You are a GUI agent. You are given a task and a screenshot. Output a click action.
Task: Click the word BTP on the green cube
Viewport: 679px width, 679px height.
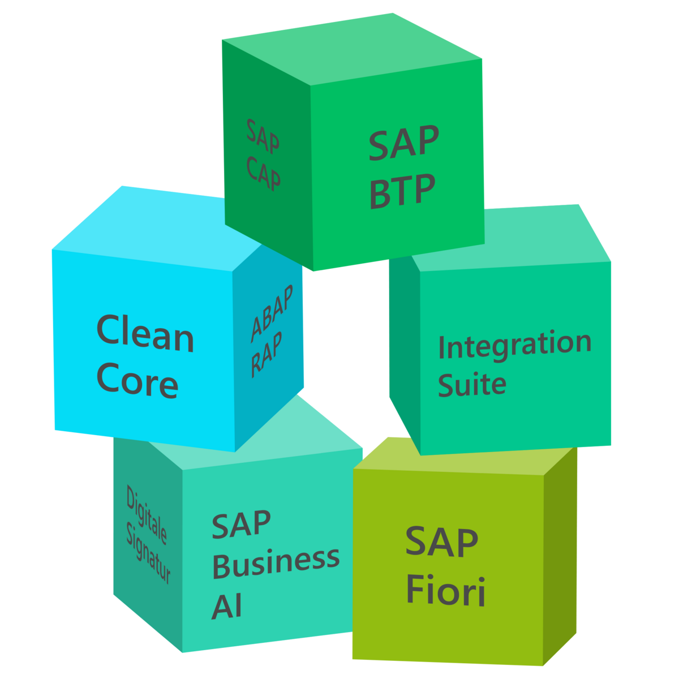402,191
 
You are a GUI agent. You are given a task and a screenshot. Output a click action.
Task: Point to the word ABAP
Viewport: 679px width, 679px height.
272,315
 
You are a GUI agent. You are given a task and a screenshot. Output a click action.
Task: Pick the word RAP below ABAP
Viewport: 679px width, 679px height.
267,354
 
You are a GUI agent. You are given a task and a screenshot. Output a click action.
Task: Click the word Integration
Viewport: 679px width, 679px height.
514,345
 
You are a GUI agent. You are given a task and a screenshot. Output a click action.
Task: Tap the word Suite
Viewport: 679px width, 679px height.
472,385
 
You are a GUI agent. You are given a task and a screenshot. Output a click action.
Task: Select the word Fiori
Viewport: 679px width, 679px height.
446,590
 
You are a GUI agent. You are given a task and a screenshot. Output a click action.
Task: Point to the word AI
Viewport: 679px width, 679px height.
227,605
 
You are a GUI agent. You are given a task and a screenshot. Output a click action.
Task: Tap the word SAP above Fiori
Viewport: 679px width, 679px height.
441,542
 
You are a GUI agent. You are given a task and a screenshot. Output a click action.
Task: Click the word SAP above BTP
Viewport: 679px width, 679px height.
403,143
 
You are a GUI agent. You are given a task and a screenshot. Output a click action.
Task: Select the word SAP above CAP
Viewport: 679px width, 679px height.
263,136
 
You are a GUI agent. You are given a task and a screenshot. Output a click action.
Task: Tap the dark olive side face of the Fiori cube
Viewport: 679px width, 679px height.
560,555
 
